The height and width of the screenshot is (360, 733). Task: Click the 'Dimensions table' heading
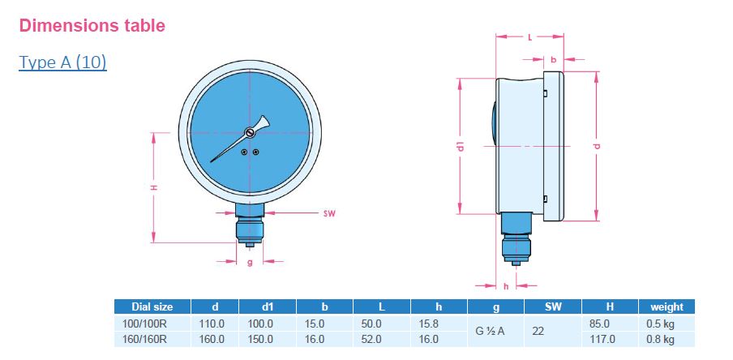tap(92, 25)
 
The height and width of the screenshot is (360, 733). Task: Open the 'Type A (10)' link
tap(62, 62)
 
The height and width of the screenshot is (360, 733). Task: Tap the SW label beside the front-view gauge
tap(329, 214)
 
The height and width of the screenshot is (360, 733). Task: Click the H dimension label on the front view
tap(154, 187)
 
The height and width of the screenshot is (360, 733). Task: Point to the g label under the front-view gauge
tap(250, 262)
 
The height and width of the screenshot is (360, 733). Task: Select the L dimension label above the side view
tap(529, 37)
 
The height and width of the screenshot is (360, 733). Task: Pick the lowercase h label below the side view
tap(505, 285)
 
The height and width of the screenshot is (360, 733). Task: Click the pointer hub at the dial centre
tap(250, 134)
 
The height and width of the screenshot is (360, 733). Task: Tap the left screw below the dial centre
tap(245, 152)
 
